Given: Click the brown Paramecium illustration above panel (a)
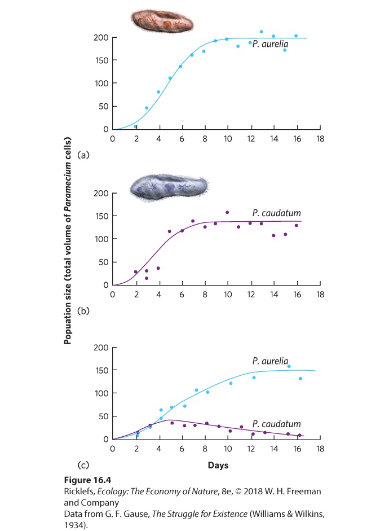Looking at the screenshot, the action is click(163, 21).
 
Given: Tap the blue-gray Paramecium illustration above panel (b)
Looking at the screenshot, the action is click(169, 187).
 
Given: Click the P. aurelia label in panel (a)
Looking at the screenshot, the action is click(270, 44).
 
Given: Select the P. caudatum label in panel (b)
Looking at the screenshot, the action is click(277, 213).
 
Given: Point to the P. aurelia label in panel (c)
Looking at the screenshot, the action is click(270, 361).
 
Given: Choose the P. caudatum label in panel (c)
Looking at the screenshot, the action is click(277, 424).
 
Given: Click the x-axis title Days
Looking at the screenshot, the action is click(218, 466).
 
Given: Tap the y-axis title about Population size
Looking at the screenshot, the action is click(68, 240).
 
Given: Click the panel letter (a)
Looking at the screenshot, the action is click(83, 155).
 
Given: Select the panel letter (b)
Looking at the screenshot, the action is click(83, 311).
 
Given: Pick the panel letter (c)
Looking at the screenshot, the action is click(83, 465).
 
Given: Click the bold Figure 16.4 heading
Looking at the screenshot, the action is click(87, 480).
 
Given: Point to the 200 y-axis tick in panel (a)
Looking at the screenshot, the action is click(101, 38).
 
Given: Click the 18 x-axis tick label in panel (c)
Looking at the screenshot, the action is click(320, 449).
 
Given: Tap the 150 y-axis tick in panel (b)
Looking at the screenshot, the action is click(101, 216).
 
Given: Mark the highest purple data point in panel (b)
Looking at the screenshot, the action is click(227, 212).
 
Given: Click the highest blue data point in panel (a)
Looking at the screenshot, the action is click(261, 32).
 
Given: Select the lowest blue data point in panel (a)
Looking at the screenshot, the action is click(135, 126).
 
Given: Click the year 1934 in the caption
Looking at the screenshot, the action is click(74, 525).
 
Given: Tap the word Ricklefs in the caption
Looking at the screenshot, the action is click(79, 491).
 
